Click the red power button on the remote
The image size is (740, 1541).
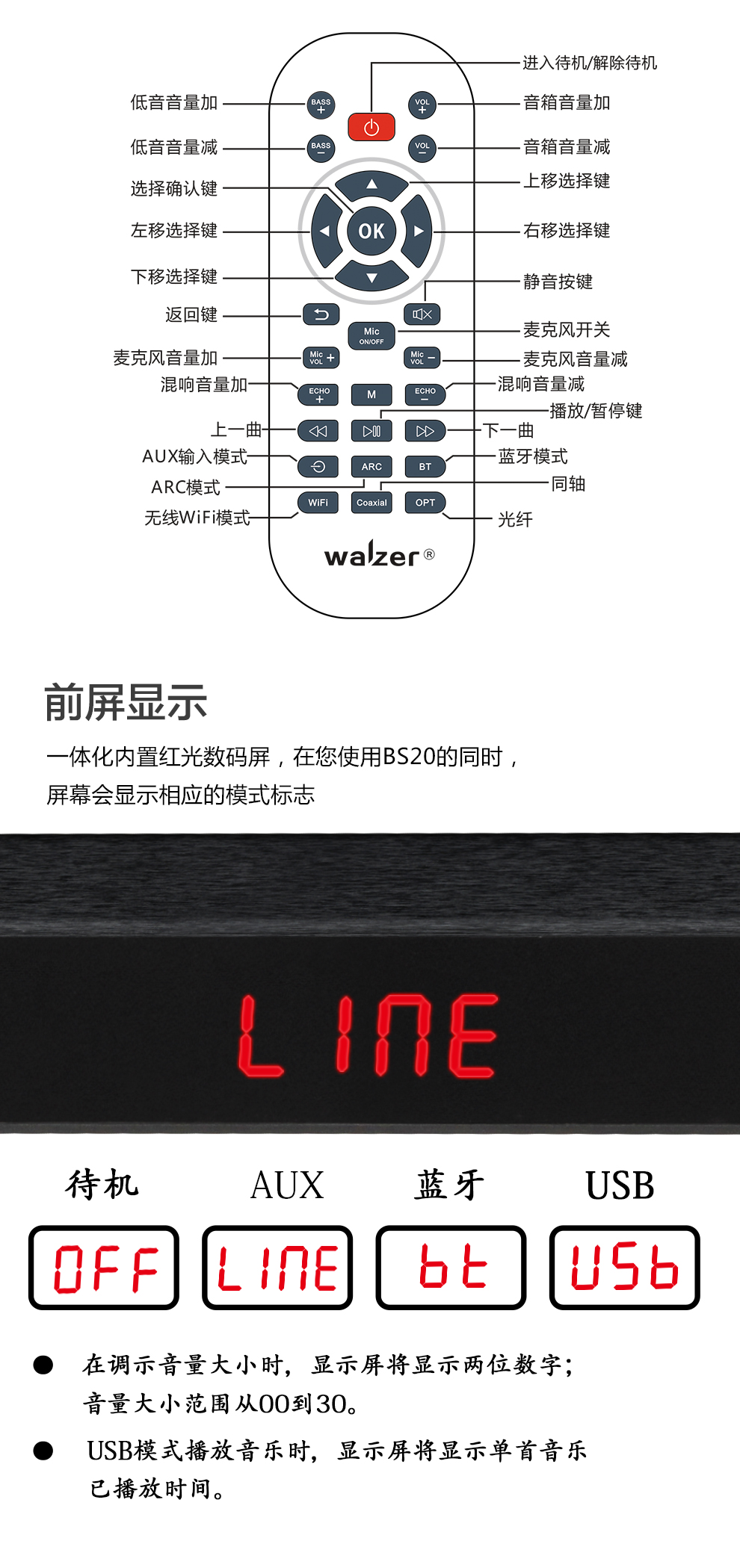pos(371,127)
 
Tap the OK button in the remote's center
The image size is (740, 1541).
pos(371,231)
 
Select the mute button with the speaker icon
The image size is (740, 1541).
pos(422,314)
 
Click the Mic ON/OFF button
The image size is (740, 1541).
pos(371,335)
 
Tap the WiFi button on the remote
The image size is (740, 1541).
pos(318,503)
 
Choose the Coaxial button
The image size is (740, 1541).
pos(371,503)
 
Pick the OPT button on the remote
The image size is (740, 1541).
pos(425,503)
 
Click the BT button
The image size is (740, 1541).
pos(425,467)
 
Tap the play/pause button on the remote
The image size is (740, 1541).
pos(371,431)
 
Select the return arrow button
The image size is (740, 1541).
pos(321,314)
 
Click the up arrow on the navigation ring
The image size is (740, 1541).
pos(371,184)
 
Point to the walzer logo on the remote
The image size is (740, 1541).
pos(372,556)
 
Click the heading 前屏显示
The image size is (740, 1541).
pos(126,703)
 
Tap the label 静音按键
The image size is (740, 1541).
pos(558,282)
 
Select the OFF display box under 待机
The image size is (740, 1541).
pos(104,1268)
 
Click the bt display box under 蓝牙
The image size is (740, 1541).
pos(451,1268)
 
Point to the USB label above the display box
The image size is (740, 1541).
pos(620,1185)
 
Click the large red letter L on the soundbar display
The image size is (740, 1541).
pos(259,1036)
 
